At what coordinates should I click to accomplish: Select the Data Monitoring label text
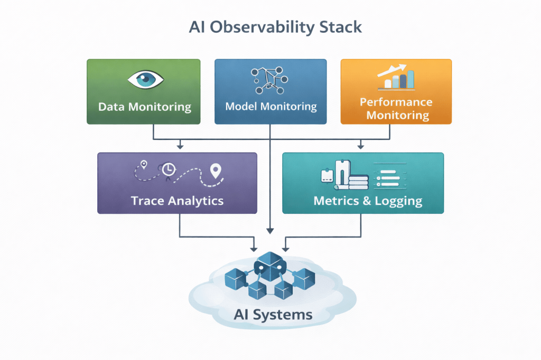pyautogui.click(x=144, y=107)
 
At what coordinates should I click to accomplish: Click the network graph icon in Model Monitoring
pyautogui.click(x=270, y=79)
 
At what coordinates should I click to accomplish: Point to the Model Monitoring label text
pyautogui.click(x=270, y=107)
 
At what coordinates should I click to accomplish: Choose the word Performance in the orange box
pyautogui.click(x=396, y=102)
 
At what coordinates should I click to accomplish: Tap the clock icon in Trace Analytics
pyautogui.click(x=168, y=169)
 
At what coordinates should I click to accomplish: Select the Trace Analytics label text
pyautogui.click(x=177, y=201)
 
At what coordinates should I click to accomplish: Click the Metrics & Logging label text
pyautogui.click(x=368, y=201)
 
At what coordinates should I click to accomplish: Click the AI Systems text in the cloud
pyautogui.click(x=273, y=315)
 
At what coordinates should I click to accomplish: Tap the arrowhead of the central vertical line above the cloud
pyautogui.click(x=270, y=230)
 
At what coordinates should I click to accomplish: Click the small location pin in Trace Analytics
pyautogui.click(x=143, y=165)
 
